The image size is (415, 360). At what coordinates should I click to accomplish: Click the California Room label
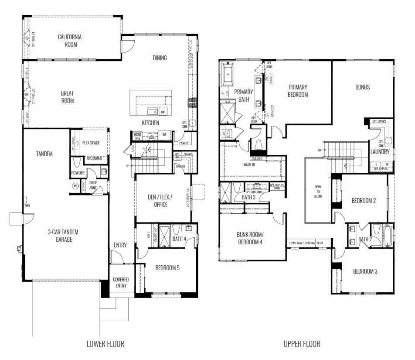pos(70,41)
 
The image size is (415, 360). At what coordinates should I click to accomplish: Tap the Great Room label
pos(67,97)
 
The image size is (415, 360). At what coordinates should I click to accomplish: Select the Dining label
pos(160,58)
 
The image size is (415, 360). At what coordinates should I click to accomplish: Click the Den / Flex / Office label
pos(160,201)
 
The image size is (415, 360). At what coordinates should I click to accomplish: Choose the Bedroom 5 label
pos(167,268)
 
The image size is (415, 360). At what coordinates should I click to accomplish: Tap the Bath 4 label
pos(179,239)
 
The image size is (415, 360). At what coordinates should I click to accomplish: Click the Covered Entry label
pos(120,282)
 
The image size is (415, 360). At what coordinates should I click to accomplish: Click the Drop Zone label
pos(93,185)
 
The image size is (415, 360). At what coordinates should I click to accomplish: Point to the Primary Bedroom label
pos(298,91)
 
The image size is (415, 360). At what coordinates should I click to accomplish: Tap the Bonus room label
pos(362,87)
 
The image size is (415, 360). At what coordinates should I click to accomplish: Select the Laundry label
pos(380,152)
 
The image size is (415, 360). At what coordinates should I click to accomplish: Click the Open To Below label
pos(317,191)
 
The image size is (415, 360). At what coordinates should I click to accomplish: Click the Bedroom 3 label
pos(365,271)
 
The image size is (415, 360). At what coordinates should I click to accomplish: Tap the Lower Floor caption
pos(105,344)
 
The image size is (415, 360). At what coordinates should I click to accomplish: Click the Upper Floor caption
pos(302,344)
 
